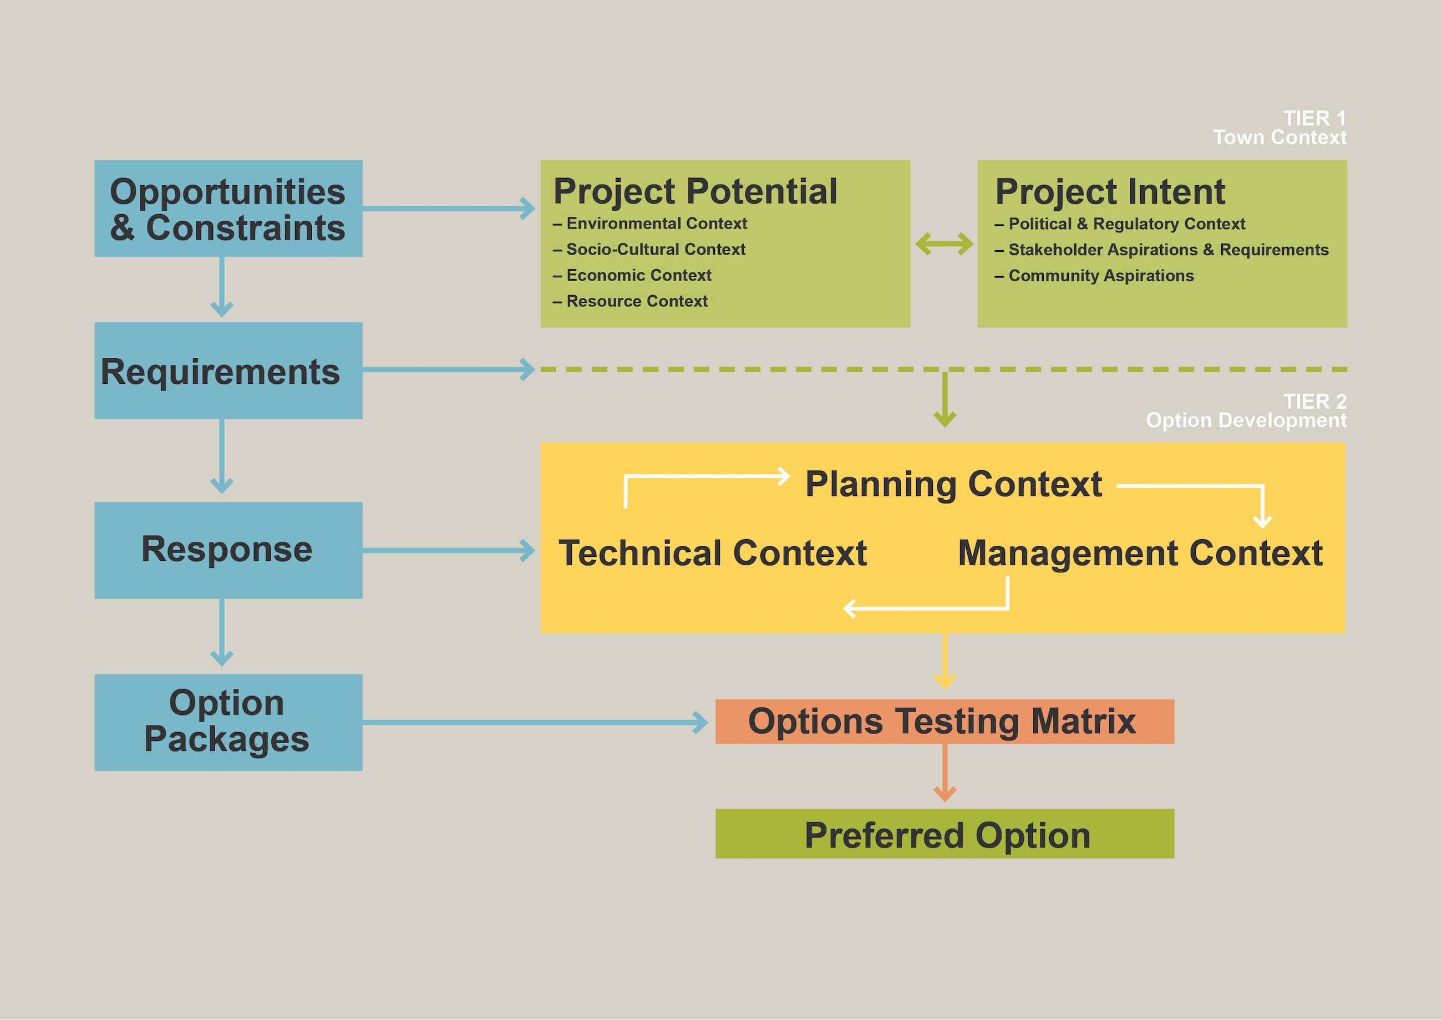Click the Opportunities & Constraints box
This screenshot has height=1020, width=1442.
click(x=228, y=209)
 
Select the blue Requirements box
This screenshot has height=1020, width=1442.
click(x=228, y=371)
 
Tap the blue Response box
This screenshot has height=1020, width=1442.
click(x=228, y=550)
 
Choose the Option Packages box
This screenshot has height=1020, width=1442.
click(x=228, y=722)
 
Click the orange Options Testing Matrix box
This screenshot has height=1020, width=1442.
click(x=944, y=721)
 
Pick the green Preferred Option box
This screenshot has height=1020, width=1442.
click(x=944, y=834)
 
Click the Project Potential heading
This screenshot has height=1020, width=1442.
click(x=694, y=191)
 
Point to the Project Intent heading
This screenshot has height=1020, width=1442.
click(x=1110, y=191)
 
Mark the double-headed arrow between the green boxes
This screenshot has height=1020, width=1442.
click(x=944, y=243)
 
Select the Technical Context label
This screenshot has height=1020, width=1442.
click(x=713, y=554)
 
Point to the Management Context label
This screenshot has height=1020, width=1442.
click(x=1140, y=554)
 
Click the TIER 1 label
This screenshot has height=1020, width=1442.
click(x=1314, y=118)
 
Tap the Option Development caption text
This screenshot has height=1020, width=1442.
click(x=1246, y=420)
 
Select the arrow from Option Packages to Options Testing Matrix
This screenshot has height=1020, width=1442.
click(x=534, y=722)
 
